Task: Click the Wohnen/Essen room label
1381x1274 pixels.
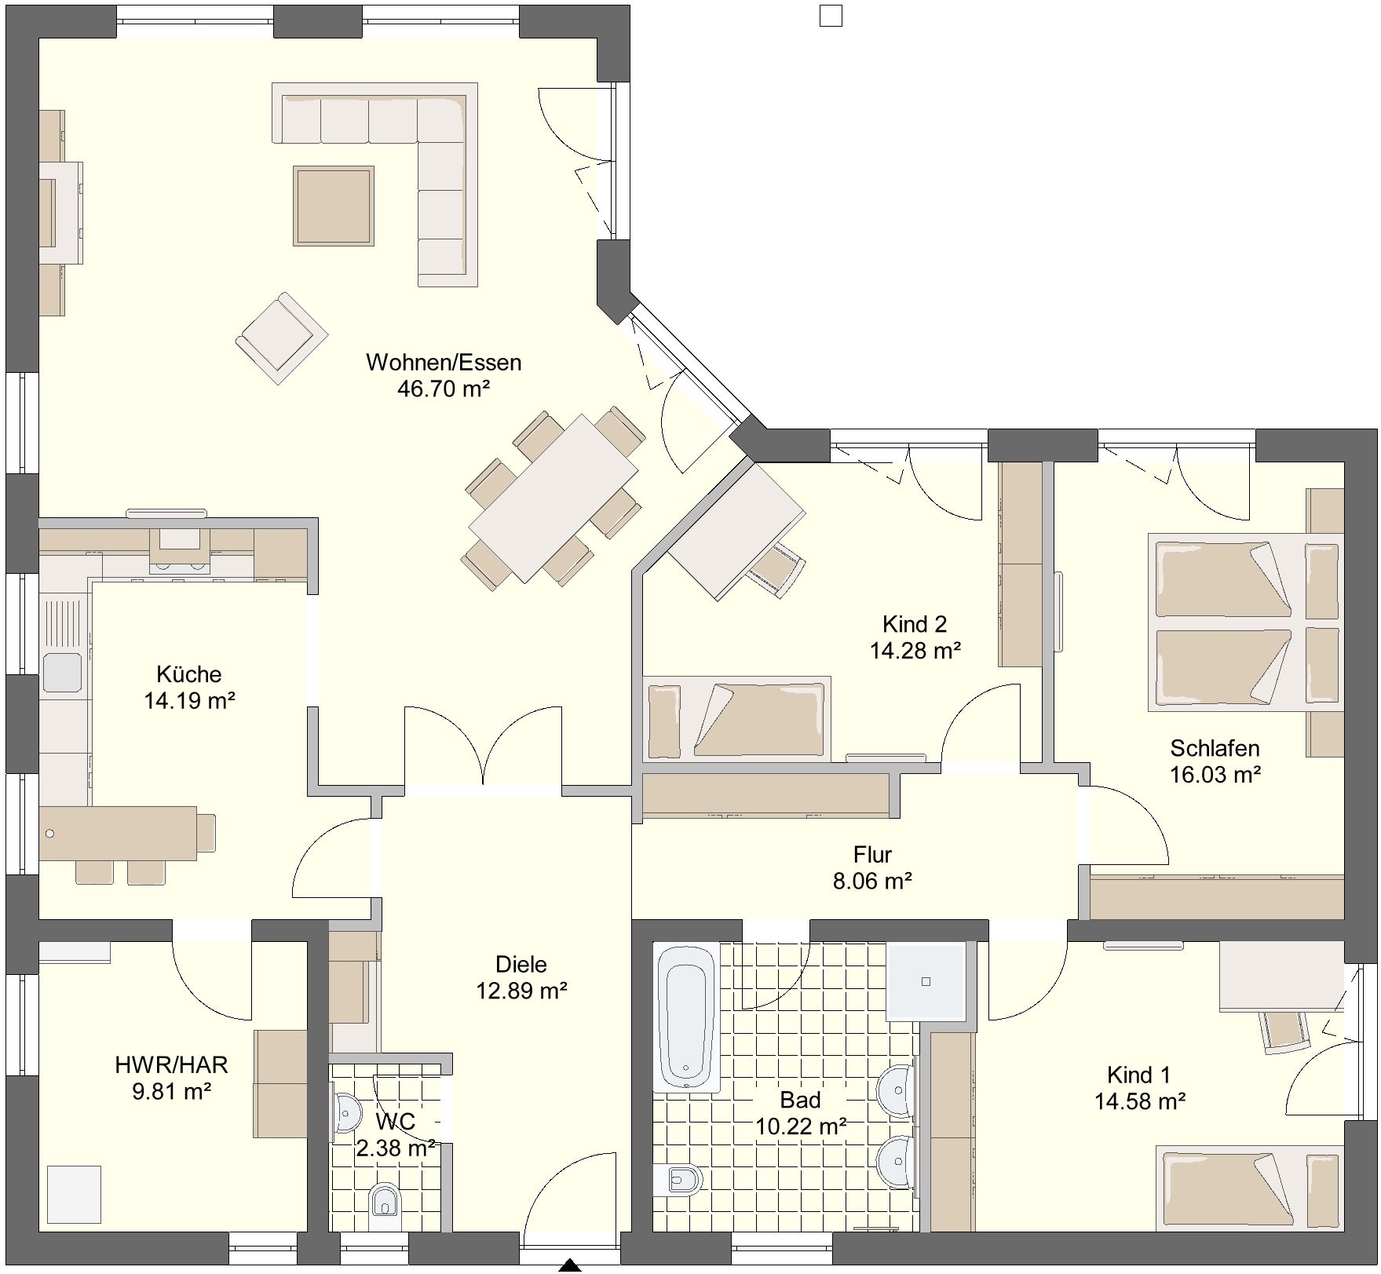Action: point(444,363)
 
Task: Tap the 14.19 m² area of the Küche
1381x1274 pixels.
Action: point(189,700)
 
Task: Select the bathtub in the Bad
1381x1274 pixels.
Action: point(687,1017)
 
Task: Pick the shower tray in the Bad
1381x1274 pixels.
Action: point(926,981)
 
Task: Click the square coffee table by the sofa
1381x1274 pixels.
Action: point(334,206)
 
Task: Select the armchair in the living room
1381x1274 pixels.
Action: point(282,338)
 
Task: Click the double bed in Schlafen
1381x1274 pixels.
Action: point(1245,622)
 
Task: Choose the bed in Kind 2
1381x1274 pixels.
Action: point(736,719)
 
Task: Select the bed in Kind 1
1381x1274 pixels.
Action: point(1249,1187)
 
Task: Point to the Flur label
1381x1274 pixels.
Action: point(872,854)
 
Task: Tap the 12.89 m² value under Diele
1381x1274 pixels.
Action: point(522,991)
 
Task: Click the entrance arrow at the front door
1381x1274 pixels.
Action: point(569,1266)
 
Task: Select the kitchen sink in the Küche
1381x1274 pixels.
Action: point(63,673)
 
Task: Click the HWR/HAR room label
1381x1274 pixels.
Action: point(171,1064)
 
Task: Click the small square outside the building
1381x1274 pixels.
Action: point(831,16)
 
